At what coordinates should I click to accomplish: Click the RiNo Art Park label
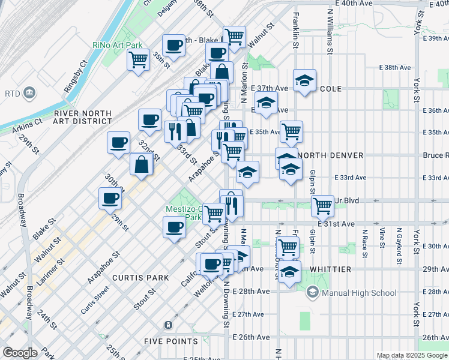(x=118, y=45)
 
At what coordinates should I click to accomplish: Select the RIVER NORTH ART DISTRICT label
(x=82, y=118)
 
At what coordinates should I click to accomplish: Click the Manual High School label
(x=352, y=293)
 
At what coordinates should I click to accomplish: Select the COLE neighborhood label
(x=331, y=89)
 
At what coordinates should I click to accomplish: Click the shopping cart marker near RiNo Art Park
(x=139, y=59)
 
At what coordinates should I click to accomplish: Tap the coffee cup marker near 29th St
(x=110, y=197)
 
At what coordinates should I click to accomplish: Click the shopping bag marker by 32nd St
(x=141, y=164)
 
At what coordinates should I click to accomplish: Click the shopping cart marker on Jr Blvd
(x=323, y=205)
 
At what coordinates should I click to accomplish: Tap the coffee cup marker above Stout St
(x=175, y=227)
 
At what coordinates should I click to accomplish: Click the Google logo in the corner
(x=20, y=352)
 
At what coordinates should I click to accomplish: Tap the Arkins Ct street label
(x=29, y=123)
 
